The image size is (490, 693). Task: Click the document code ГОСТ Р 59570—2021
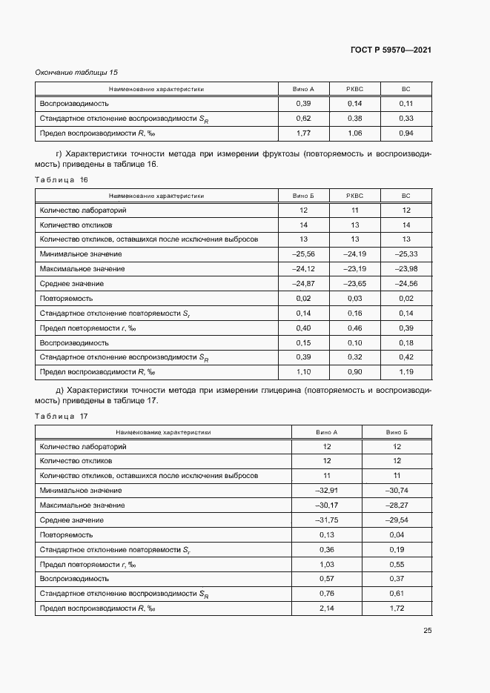[x=391, y=50]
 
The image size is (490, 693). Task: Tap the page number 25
[x=427, y=631]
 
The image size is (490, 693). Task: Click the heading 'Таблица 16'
[x=62, y=180]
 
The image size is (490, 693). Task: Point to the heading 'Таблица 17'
[x=62, y=416]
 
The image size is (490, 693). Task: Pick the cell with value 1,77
[x=302, y=133]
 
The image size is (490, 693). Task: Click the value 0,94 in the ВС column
[x=405, y=133]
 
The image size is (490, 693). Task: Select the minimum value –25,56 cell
[x=302, y=254]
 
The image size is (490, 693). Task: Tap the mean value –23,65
[x=354, y=284]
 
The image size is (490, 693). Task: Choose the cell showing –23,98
[x=405, y=269]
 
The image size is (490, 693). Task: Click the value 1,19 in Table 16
[x=405, y=372]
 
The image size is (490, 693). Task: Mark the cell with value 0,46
[x=354, y=328]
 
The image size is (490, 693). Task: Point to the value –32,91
[x=326, y=491]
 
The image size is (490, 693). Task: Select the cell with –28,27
[x=397, y=505]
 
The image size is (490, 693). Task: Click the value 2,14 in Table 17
[x=326, y=609]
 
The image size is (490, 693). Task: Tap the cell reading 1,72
[x=397, y=609]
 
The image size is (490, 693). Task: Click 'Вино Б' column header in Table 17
[x=397, y=431]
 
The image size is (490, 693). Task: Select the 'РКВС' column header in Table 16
[x=354, y=196]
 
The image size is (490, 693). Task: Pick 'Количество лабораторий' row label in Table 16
[x=82, y=210]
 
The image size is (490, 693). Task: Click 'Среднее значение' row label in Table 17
[x=71, y=520]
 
